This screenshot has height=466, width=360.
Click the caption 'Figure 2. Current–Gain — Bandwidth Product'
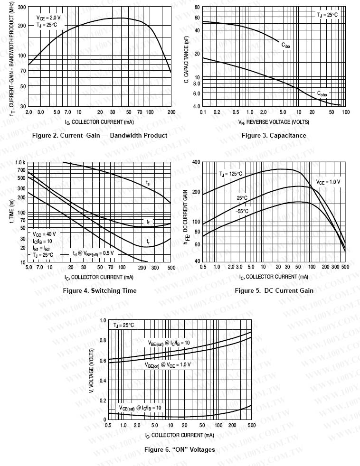[x=99, y=136]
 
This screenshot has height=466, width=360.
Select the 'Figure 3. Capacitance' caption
[x=274, y=136]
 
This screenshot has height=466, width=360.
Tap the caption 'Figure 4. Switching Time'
[x=100, y=290]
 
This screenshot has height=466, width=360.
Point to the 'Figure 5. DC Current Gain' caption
[x=274, y=290]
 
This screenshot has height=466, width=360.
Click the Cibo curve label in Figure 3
[x=286, y=45]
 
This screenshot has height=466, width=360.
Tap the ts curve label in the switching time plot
[x=148, y=182]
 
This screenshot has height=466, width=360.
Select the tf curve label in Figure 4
[x=148, y=222]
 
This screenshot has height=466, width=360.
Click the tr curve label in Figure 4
[x=148, y=242]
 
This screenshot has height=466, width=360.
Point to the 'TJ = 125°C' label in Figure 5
[x=230, y=174]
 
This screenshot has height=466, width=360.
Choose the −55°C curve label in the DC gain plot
[x=243, y=211]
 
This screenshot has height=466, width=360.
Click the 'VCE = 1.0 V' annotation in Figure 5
[x=328, y=182]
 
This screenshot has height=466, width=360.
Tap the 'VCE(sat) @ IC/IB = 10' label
[x=140, y=408]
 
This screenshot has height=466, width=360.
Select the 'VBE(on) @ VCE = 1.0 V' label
[x=168, y=364]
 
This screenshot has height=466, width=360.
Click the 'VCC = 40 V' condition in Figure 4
[x=44, y=234]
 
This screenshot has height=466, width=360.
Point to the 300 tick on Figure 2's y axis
[x=22, y=8]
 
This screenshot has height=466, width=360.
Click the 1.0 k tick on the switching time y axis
[x=20, y=162]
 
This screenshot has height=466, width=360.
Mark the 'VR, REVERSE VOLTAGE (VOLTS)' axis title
[x=274, y=122]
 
